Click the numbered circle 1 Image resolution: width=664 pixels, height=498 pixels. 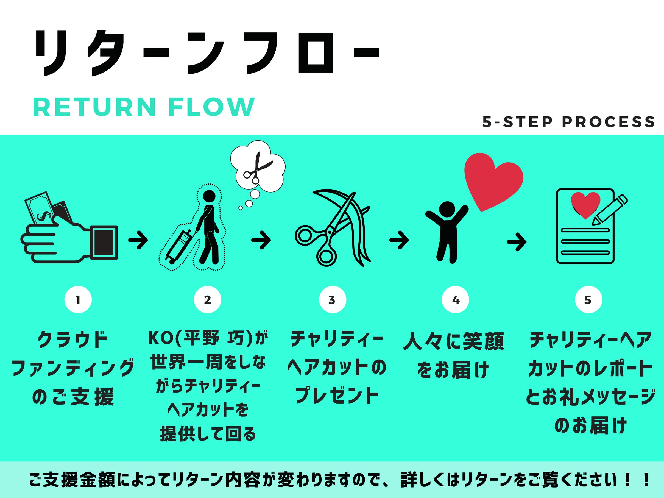[x=78, y=300]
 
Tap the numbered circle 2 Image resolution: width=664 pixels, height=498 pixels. [x=207, y=300]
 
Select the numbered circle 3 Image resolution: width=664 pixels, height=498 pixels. [x=332, y=300]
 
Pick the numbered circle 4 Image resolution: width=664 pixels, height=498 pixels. [x=455, y=300]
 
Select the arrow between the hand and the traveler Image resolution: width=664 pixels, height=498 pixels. [x=138, y=240]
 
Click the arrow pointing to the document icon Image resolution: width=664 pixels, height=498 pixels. [x=516, y=242]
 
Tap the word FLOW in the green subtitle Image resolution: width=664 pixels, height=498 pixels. [x=211, y=107]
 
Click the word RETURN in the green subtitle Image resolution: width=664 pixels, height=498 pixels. [x=94, y=107]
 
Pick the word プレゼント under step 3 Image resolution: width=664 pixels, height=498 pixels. [x=337, y=395]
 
